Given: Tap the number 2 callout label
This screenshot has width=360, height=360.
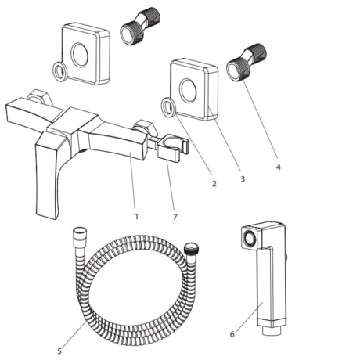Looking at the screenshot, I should pos(214,184).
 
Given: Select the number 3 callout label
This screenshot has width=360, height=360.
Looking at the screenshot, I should pos(242,179).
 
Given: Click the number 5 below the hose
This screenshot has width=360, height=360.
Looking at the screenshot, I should pos(59,350).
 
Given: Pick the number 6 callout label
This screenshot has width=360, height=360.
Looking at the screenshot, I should pos(232,334).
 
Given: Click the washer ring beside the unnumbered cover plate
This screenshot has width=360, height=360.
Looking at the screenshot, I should pos(58,74).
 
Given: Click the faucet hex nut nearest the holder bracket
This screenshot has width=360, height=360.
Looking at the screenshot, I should pos(142,127).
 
